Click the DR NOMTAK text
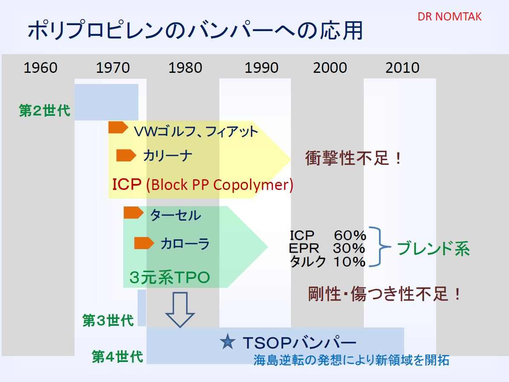[x=449, y=17]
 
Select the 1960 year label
[x=40, y=68]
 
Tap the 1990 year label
[x=262, y=68]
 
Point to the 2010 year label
[x=402, y=68]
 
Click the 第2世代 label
[x=44, y=110]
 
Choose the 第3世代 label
[x=108, y=320]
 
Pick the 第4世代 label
[x=117, y=356]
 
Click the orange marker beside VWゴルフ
[x=118, y=128]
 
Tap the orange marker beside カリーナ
[x=126, y=155]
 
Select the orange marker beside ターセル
[x=133, y=213]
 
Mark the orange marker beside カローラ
[x=144, y=243]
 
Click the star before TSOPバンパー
[x=227, y=342]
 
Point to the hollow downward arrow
[x=180, y=309]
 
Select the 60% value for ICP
[x=350, y=235]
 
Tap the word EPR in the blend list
[x=304, y=248]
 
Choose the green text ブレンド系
[x=433, y=249]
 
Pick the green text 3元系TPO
[x=170, y=277]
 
